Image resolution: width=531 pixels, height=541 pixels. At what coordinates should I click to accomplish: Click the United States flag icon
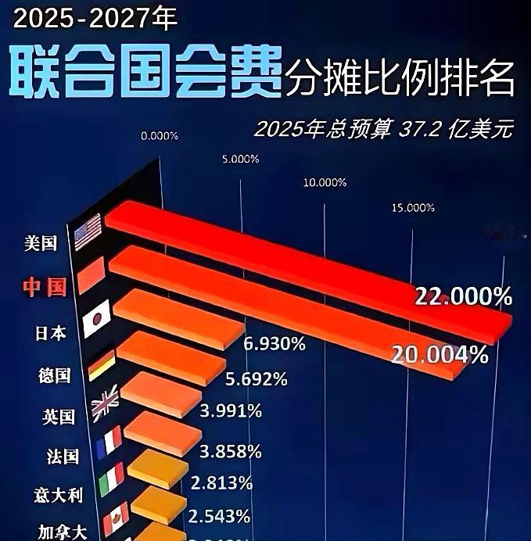click(x=88, y=231)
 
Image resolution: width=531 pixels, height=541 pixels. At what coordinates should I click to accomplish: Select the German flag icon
click(x=102, y=364)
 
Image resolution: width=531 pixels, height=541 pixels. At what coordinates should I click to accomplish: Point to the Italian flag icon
click(x=112, y=478)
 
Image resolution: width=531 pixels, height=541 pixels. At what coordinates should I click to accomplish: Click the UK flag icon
click(x=104, y=403)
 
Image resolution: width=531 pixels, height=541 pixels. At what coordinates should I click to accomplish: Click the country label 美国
click(x=41, y=243)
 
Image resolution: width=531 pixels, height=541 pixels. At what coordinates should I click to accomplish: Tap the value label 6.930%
click(x=274, y=345)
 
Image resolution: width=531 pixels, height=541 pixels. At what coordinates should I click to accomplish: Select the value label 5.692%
click(x=257, y=380)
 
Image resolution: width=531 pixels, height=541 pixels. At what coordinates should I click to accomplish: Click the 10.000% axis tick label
click(x=325, y=182)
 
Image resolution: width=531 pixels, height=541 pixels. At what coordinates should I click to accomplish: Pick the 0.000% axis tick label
click(x=160, y=135)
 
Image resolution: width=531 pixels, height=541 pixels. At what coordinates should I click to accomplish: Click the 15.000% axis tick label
click(x=412, y=207)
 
